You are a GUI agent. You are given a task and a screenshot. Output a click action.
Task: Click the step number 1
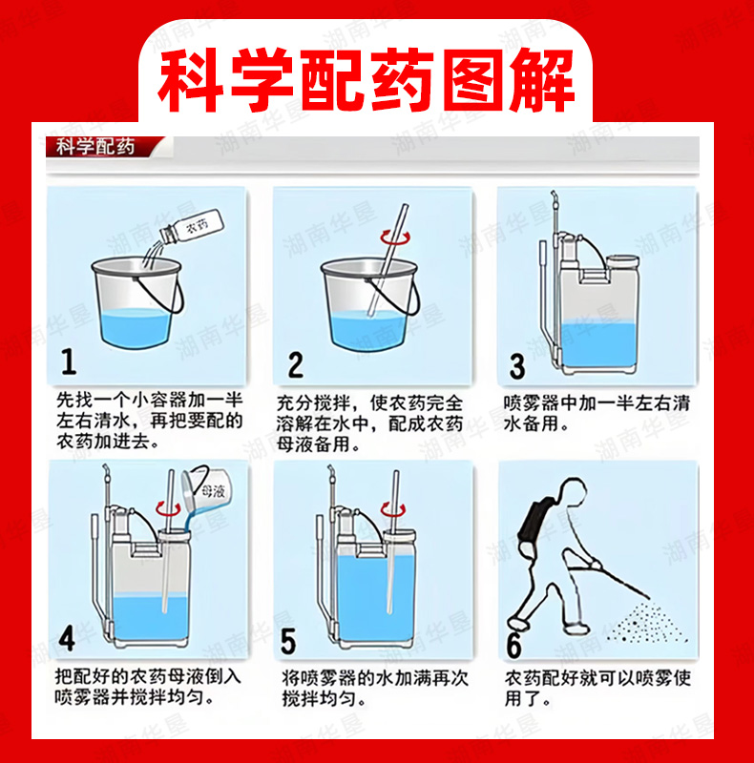pos(69,361)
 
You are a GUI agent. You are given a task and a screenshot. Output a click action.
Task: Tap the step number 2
pos(295,365)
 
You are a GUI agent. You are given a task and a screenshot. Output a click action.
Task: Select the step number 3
pos(516,366)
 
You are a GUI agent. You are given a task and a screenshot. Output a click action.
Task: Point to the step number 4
pos(67,638)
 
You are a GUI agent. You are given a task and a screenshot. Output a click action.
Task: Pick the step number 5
pos(288,641)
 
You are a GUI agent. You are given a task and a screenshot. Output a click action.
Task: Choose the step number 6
pos(513,645)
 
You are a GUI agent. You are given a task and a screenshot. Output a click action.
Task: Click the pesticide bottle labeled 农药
pos(192,227)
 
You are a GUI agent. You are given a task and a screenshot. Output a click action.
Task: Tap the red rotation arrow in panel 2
pos(395,237)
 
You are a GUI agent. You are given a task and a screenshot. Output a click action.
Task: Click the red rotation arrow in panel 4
pos(168,509)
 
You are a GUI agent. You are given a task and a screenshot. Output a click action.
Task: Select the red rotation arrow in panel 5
pos(392,509)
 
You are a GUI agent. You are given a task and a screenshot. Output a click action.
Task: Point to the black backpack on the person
pos(534,524)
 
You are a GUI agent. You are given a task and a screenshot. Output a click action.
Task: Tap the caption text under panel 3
pos(597,413)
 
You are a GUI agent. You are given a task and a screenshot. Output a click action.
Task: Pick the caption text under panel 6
pos(597,688)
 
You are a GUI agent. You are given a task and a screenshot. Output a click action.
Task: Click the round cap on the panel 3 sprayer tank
pos(622,261)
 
